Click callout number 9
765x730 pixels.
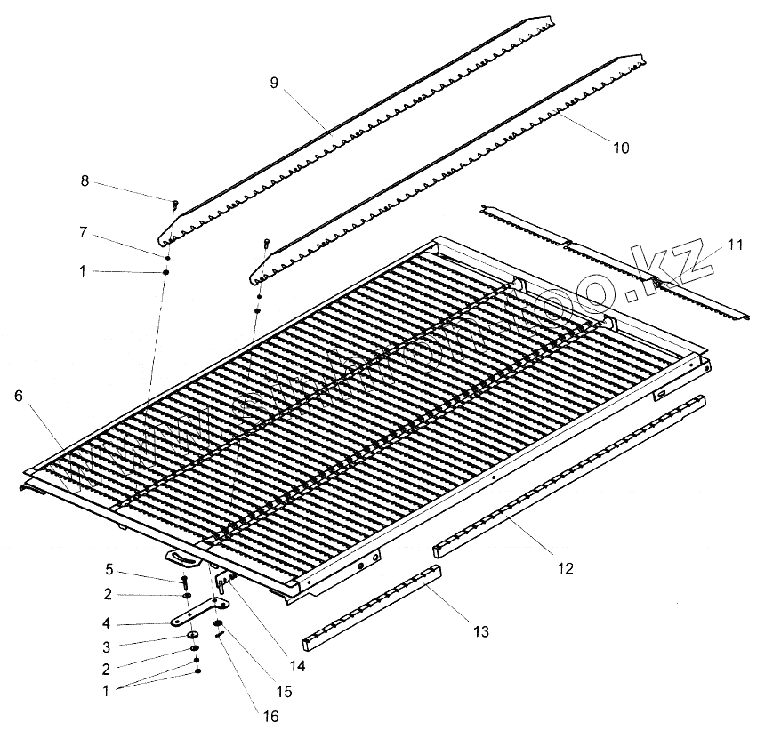click(x=275, y=82)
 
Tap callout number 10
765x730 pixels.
click(x=621, y=148)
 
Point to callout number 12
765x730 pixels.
click(x=566, y=567)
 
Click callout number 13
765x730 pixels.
click(x=480, y=632)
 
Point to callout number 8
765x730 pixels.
click(x=85, y=181)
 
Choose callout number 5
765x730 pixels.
click(x=109, y=568)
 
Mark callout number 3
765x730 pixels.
click(x=109, y=646)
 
